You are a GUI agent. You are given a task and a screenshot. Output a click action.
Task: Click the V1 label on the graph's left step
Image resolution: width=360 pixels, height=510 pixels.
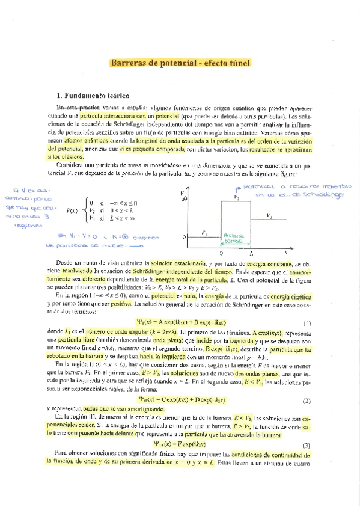click(205, 232)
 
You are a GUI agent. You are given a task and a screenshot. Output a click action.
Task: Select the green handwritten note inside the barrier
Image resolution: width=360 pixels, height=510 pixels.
click(232, 238)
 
